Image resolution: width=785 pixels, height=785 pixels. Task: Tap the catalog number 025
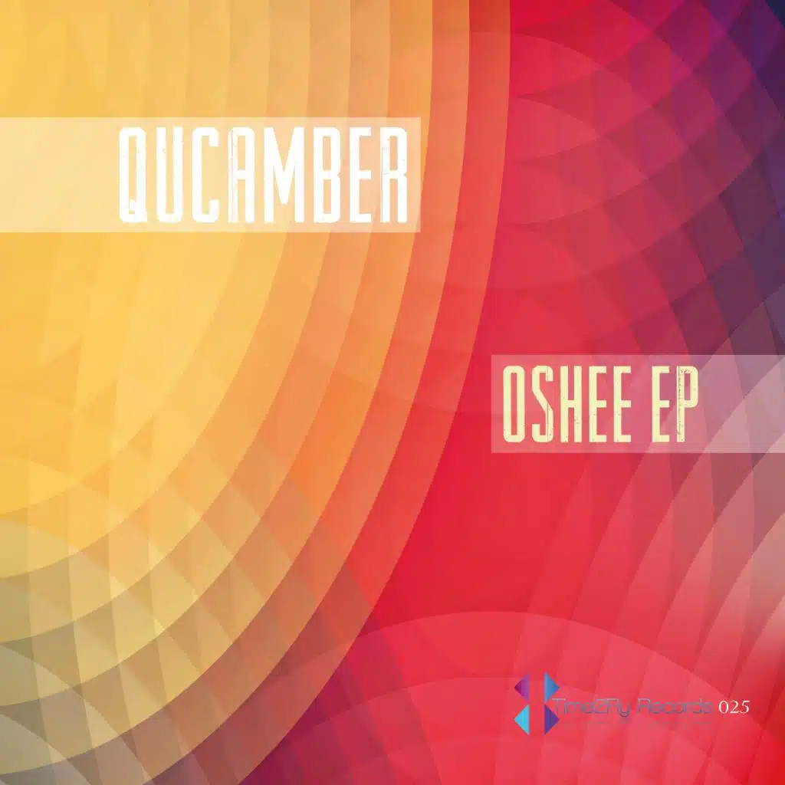(x=734, y=706)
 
